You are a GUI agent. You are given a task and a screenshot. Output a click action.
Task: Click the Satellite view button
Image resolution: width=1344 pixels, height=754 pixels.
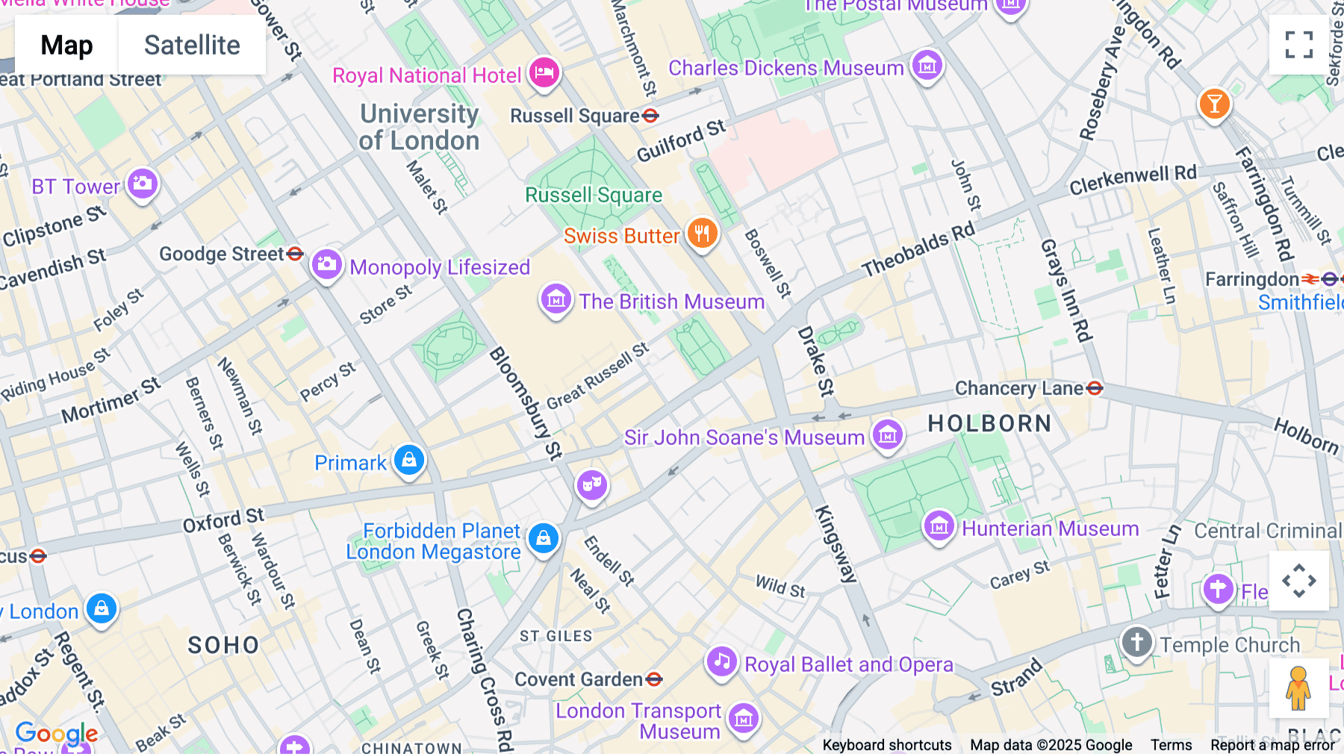[192, 46]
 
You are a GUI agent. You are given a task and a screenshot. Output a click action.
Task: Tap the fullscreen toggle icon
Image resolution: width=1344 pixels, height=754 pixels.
[1298, 45]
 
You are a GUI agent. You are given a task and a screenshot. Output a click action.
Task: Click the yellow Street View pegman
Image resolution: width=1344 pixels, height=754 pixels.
[1298, 688]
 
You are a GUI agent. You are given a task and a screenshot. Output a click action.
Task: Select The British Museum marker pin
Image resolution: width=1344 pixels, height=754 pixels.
[556, 299]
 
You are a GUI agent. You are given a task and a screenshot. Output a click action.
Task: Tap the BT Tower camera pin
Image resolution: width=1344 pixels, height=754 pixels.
[142, 184]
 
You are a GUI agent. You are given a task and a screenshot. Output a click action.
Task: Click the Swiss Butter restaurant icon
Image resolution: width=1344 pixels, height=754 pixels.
[702, 234]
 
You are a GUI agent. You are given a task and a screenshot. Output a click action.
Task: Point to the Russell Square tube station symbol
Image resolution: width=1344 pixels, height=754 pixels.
[650, 116]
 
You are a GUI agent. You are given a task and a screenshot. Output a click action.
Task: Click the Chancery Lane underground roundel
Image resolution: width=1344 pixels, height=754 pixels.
[1095, 388]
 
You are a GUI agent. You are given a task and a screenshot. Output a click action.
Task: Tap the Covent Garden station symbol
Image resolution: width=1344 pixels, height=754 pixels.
[654, 679]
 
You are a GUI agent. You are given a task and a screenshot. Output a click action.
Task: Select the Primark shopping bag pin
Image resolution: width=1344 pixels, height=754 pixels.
[409, 460]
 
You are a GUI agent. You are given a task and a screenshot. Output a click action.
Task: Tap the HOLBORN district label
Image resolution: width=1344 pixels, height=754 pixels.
[989, 423]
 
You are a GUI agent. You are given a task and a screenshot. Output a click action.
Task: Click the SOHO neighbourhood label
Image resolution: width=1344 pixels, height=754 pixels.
[223, 645]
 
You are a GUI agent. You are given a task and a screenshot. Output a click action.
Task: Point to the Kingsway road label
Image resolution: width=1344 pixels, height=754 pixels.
[836, 543]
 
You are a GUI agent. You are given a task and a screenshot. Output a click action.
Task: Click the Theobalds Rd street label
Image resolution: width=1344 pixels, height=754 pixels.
[918, 249]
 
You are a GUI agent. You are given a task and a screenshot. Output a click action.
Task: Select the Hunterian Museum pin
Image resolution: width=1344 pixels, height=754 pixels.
[939, 526]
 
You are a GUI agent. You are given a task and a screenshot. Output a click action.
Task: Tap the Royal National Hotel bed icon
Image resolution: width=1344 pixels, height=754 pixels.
[544, 73]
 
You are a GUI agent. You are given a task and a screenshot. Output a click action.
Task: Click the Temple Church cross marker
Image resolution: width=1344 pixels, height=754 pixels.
[1136, 642]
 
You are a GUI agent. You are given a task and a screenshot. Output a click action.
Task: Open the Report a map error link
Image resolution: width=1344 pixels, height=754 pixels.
[1272, 745]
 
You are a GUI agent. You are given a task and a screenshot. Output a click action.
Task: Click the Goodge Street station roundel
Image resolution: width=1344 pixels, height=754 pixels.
[295, 254]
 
